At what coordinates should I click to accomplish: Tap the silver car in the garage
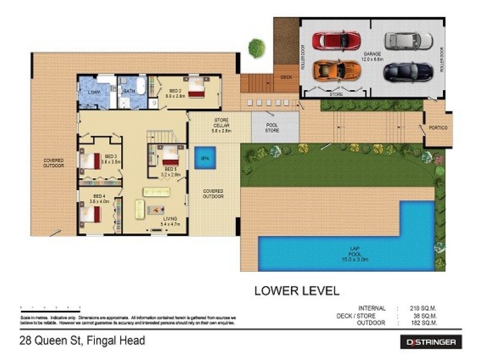click(x=409, y=41)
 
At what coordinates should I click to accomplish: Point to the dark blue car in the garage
click(x=409, y=71)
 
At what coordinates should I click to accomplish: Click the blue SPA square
click(x=205, y=157)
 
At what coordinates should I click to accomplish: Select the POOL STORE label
click(x=273, y=127)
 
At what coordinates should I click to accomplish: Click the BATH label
click(x=129, y=91)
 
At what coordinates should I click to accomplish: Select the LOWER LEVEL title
click(x=296, y=292)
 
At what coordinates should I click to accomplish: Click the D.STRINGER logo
click(x=431, y=343)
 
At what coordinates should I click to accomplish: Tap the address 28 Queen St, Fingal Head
click(x=82, y=341)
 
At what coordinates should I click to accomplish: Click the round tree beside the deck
click(x=257, y=48)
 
